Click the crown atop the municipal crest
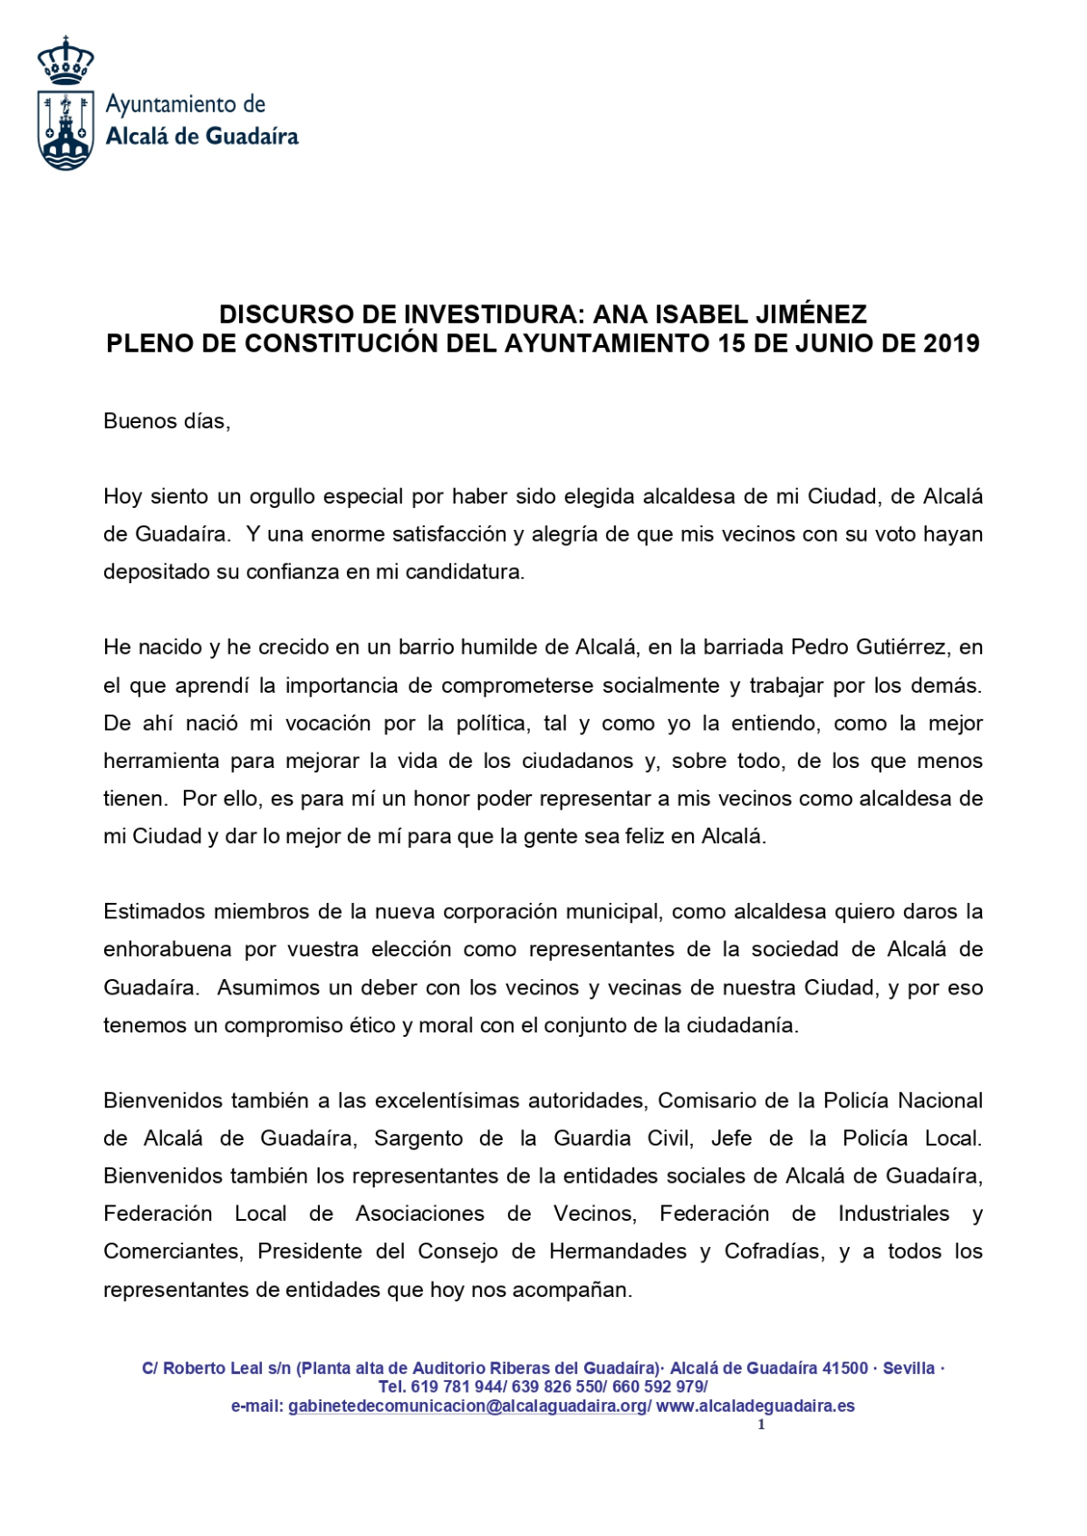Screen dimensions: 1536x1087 (x=65, y=61)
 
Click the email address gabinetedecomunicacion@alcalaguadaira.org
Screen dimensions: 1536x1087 (x=467, y=1406)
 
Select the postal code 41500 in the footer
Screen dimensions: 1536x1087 (x=844, y=1368)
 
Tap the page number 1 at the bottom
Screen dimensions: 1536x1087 (x=761, y=1425)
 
